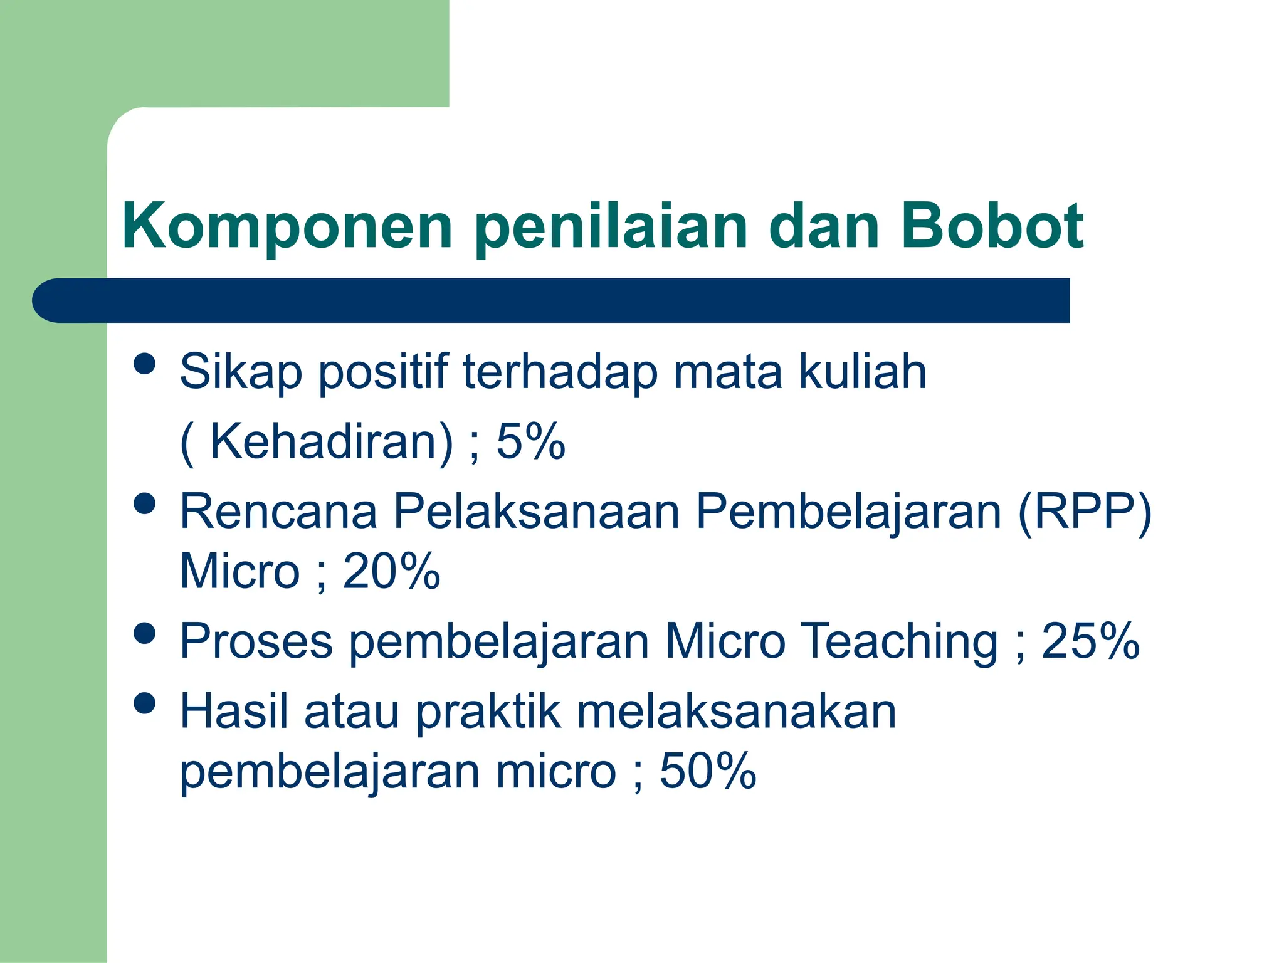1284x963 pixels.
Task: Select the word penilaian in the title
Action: [611, 227]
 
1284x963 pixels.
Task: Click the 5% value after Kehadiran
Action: [530, 442]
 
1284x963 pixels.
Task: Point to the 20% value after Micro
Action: [391, 571]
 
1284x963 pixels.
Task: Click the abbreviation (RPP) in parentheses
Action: [1085, 512]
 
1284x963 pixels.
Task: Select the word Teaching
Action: [900, 642]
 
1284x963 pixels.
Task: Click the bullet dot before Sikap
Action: [145, 364]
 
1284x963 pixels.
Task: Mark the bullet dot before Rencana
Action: [145, 503]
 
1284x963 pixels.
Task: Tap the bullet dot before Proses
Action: [145, 633]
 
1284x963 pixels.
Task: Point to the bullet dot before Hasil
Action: [145, 703]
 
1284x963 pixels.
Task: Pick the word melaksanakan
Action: [736, 712]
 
